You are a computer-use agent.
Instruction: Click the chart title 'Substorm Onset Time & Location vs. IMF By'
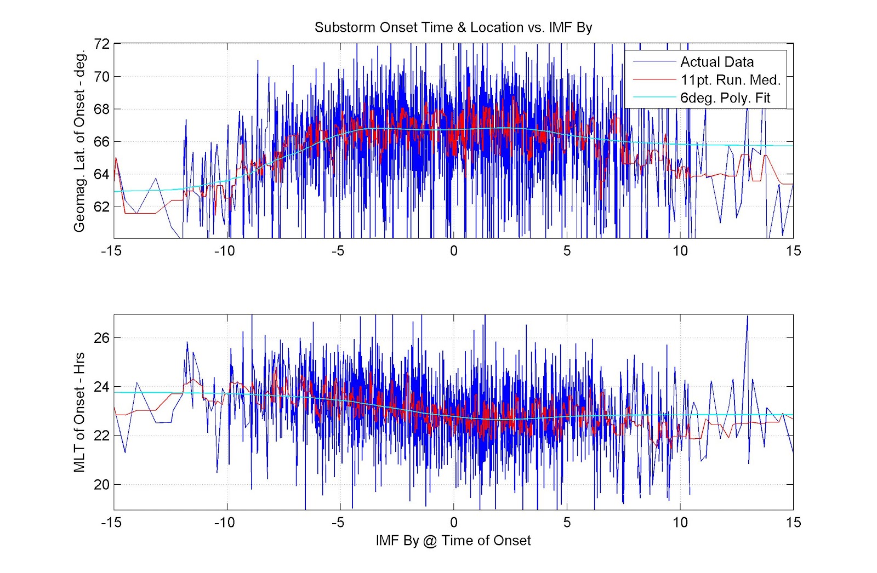453,27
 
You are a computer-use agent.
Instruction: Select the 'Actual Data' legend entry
716,62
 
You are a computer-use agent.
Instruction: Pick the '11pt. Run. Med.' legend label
730,80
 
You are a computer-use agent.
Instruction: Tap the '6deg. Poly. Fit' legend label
725,98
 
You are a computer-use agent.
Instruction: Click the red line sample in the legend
654,80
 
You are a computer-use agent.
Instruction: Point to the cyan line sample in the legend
654,98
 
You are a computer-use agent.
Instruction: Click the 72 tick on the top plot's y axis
102,44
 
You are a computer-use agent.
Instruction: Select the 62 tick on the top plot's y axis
102,207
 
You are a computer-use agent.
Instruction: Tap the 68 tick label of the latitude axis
102,109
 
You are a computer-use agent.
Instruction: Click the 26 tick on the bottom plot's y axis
102,337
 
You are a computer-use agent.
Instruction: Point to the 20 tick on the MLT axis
102,484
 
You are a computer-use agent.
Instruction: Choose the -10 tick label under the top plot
224,251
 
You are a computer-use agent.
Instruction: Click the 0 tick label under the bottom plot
453,522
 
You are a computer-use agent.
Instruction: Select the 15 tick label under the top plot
793,251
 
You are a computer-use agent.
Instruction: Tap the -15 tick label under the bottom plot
111,522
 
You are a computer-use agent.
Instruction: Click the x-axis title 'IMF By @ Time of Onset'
453,541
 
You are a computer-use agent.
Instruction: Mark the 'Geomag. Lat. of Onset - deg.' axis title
79,141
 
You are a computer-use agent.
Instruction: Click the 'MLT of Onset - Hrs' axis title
79,412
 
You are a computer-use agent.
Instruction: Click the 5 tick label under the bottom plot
567,522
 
